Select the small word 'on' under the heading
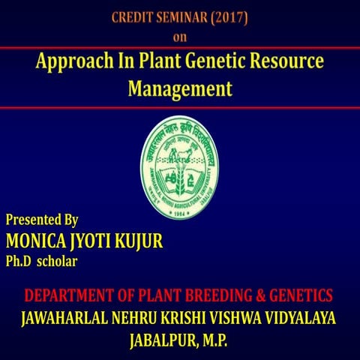click(180, 35)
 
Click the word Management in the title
click(180, 88)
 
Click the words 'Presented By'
click(42, 220)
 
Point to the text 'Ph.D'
click(18, 261)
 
